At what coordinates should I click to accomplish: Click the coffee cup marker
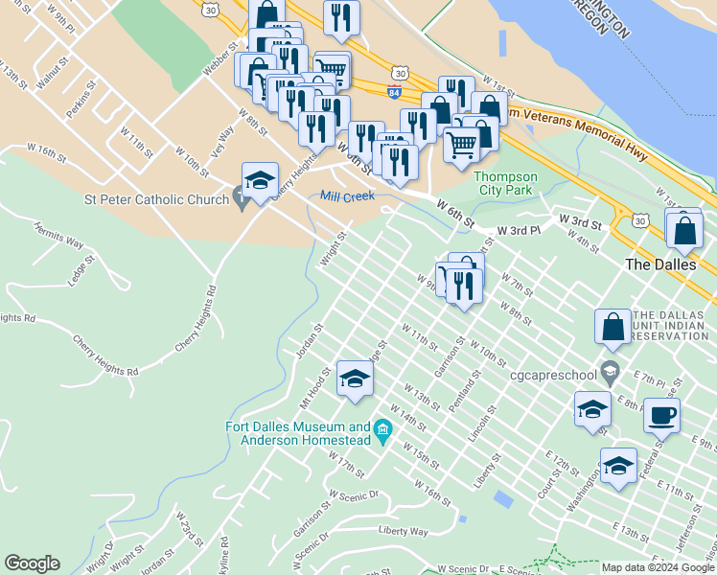[660, 416]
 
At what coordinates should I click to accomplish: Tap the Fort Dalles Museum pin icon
[383, 427]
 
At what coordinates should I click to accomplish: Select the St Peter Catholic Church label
[156, 199]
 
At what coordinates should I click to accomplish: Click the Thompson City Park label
[506, 182]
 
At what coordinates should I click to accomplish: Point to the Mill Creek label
[345, 195]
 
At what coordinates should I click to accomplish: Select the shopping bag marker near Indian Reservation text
[613, 327]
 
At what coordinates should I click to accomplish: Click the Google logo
[33, 563]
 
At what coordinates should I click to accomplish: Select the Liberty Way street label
[403, 530]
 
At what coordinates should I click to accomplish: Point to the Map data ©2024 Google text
[658, 567]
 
